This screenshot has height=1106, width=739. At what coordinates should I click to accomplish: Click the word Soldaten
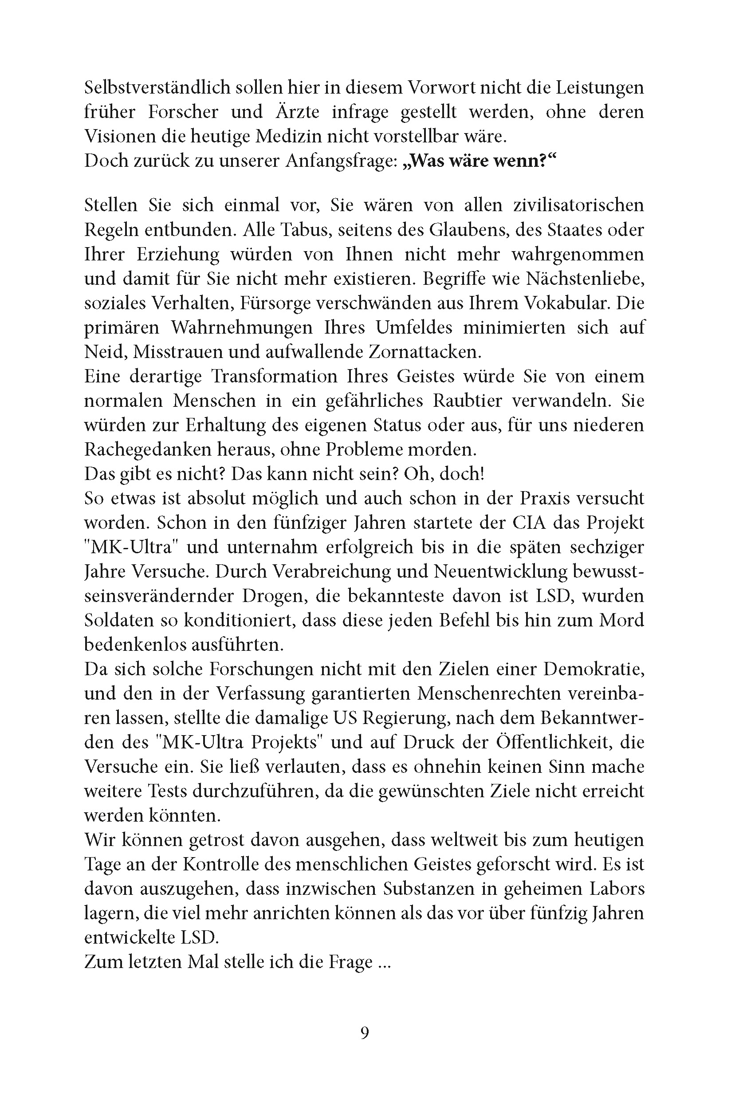[x=119, y=621]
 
